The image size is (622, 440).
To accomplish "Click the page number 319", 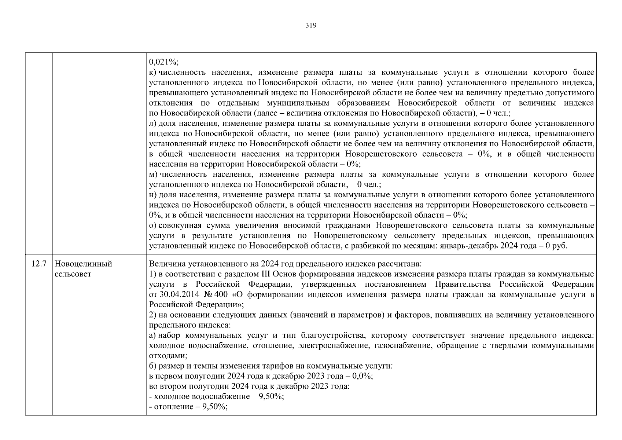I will point(311,25).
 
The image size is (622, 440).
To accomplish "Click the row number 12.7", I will point(39,264).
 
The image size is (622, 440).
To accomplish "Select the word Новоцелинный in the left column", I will point(83,264).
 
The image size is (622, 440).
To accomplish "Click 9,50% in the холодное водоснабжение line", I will point(272,397).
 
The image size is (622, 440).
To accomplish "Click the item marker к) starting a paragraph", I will point(153,72).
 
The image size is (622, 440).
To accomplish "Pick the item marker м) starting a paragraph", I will point(154,174).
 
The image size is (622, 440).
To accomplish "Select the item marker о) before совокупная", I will point(153,225).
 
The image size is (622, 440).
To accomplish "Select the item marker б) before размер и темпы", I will point(153,366).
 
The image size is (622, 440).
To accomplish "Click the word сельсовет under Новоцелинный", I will point(73,274).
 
